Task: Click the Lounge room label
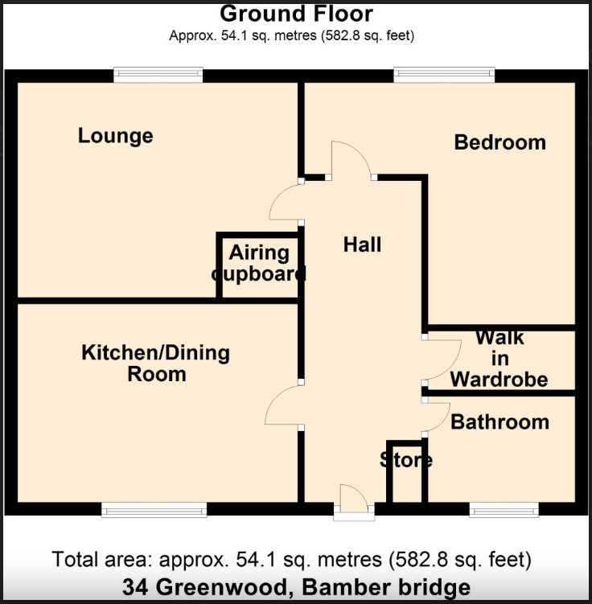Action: pyautogui.click(x=115, y=136)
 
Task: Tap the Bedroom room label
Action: pyautogui.click(x=499, y=142)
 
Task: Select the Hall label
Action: pyautogui.click(x=362, y=244)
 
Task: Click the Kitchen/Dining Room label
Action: pyautogui.click(x=156, y=363)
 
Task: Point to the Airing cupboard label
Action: pyautogui.click(x=259, y=263)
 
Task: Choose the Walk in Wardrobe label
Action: pyautogui.click(x=499, y=358)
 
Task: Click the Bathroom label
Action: pyautogui.click(x=499, y=421)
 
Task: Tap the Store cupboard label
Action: pyautogui.click(x=406, y=461)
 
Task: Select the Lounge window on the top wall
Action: pyautogui.click(x=158, y=76)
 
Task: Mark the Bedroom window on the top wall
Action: pyautogui.click(x=444, y=76)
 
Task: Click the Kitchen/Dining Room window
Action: pyautogui.click(x=154, y=509)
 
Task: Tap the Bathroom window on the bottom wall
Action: pyautogui.click(x=504, y=509)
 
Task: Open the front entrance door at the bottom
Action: pyautogui.click(x=354, y=500)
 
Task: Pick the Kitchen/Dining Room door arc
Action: pyautogui.click(x=283, y=404)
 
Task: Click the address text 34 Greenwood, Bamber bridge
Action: pyautogui.click(x=296, y=587)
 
